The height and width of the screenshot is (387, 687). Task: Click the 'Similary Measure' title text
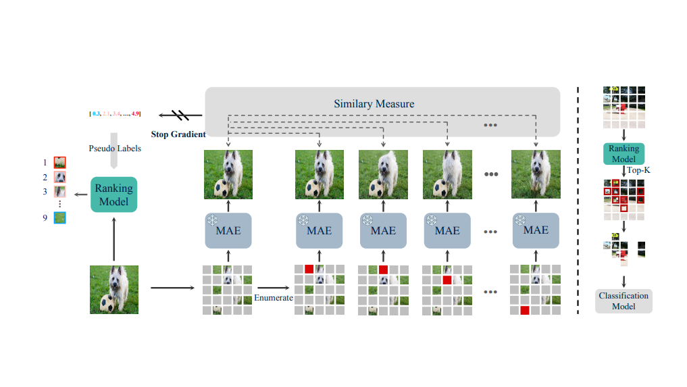coord(374,104)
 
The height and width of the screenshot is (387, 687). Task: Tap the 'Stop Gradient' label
coord(178,134)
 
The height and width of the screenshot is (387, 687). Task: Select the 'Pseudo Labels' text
coord(115,148)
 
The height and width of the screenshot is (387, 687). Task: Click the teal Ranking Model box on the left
coord(114,195)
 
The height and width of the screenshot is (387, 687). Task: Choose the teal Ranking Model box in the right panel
coord(624,154)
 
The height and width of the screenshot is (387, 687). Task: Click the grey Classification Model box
coord(624,301)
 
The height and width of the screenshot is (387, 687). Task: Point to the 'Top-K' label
coord(638,172)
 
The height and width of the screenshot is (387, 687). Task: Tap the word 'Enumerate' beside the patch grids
coord(274,298)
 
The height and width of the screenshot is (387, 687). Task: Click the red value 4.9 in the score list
coord(135,113)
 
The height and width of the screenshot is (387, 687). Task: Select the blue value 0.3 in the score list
coord(96,113)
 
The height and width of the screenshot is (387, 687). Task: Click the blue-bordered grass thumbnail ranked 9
coord(59,217)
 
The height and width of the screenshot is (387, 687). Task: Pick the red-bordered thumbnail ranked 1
coord(59,162)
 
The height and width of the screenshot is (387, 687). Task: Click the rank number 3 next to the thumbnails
coord(46,191)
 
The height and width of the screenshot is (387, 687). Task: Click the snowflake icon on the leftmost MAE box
coord(213,221)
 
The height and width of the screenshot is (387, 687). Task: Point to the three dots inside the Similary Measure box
coord(490,126)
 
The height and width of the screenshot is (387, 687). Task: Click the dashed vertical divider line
coord(578,203)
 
